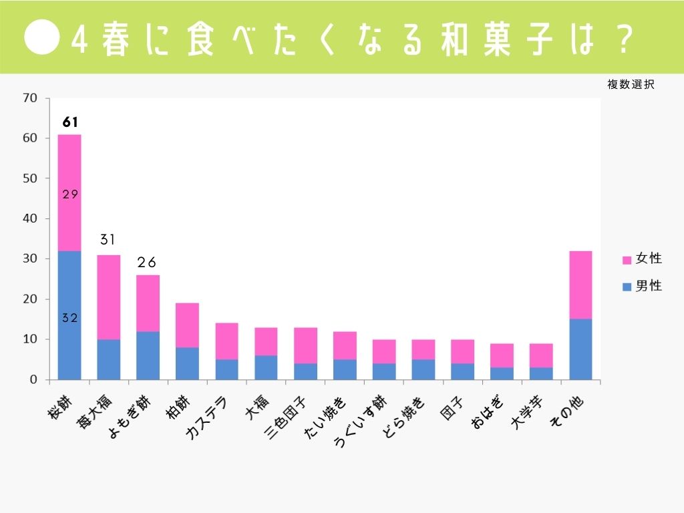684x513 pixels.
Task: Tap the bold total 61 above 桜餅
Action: pos(70,122)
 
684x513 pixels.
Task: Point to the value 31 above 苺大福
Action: pos(109,239)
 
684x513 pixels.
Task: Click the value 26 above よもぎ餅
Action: pos(147,263)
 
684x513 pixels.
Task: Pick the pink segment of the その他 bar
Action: pos(580,285)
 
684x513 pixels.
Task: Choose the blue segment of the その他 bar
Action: pos(580,349)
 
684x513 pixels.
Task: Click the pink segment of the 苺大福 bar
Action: pos(109,297)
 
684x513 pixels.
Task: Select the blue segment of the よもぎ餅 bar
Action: pos(148,355)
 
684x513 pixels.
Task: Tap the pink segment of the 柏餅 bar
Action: pos(187,325)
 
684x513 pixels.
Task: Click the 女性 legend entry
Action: pos(641,259)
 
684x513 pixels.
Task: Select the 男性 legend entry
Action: pos(641,286)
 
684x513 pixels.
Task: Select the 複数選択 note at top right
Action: pos(630,85)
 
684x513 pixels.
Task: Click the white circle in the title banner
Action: pos(43,37)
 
